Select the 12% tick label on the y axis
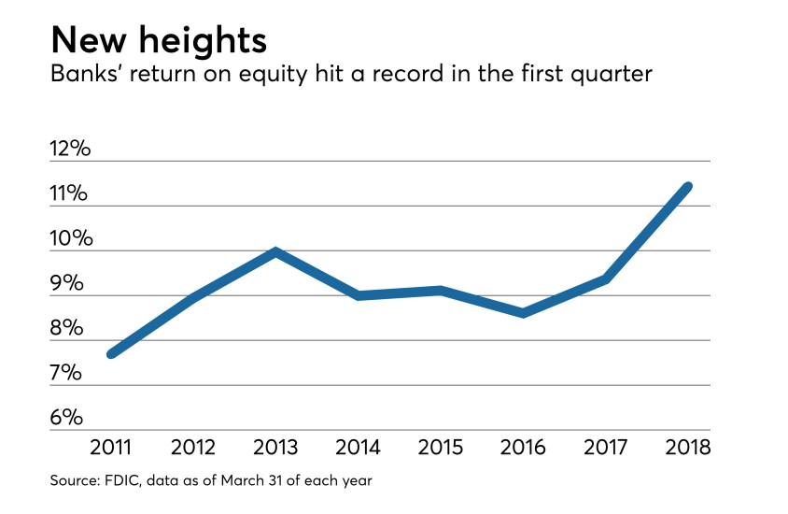[71, 150]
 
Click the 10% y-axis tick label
[71, 239]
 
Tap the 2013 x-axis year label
[275, 447]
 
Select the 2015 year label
[441, 447]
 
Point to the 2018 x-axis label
[688, 447]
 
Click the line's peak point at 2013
[275, 251]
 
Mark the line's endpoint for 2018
[688, 187]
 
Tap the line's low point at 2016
[523, 313]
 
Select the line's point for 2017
[606, 279]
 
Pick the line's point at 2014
[359, 295]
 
